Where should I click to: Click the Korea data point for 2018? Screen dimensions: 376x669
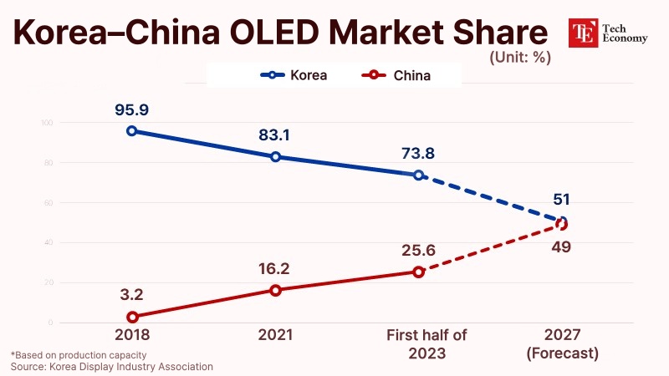coord(132,131)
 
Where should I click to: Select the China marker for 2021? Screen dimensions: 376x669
coord(275,290)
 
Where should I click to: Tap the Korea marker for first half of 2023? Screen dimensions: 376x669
coord(418,175)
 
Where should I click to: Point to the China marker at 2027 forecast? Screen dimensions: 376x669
coord(561,224)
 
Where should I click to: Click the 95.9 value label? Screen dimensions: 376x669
coord(132,109)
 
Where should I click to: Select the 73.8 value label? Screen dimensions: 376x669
coord(418,153)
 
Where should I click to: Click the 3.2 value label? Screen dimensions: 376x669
coord(132,294)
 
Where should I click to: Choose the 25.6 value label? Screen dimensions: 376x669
coord(418,249)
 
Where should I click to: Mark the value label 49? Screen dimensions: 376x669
coord(560,247)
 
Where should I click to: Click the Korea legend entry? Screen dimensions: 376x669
coord(293,75)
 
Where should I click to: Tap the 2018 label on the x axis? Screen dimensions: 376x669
coord(132,336)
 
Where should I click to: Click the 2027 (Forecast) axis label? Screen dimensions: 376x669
coord(561,344)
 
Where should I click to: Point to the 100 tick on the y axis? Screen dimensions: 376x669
coord(46,123)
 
